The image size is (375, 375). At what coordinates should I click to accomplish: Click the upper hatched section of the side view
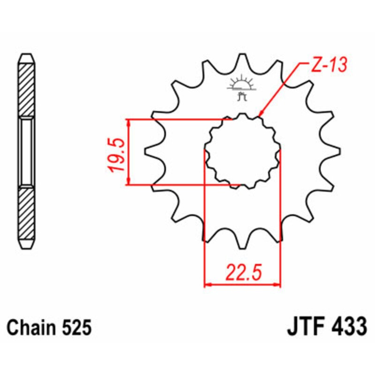26,89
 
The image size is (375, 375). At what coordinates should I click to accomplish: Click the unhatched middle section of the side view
26,151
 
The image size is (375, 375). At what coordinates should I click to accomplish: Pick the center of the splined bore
242,151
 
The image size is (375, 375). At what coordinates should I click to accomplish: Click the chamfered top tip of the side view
26,58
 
